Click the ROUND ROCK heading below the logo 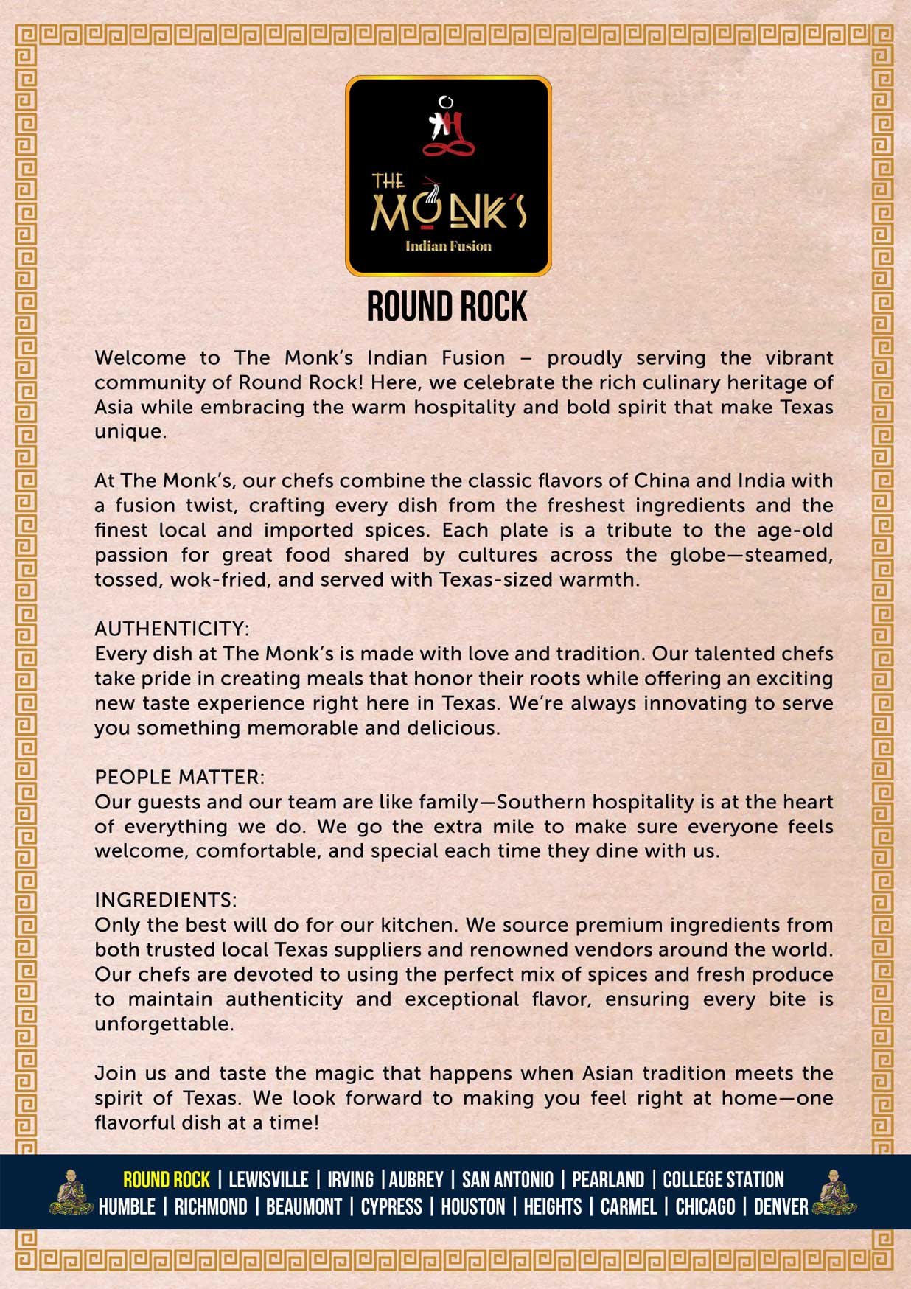tap(447, 307)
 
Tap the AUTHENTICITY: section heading tap(172, 629)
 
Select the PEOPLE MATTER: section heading tap(179, 777)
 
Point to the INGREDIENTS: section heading tap(166, 900)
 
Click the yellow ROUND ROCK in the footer tap(167, 1180)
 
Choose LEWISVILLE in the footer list tap(268, 1180)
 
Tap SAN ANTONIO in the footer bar tap(507, 1180)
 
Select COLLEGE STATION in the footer tap(723, 1180)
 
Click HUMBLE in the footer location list tap(127, 1207)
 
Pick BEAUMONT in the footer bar tap(304, 1207)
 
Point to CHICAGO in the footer tap(705, 1207)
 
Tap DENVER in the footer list tap(781, 1207)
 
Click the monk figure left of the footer tap(71, 1192)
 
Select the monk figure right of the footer tap(834, 1192)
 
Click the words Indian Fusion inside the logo tap(448, 246)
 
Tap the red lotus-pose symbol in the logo tap(448, 133)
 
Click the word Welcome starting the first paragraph tap(140, 358)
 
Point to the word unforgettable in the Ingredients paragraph tap(164, 1024)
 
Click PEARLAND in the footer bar tap(608, 1180)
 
